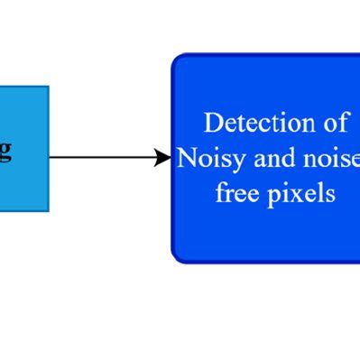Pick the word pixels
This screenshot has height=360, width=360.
pyautogui.click(x=300, y=195)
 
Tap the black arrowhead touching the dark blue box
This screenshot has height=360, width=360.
pyautogui.click(x=163, y=158)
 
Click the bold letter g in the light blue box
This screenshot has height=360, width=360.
pyautogui.click(x=5, y=150)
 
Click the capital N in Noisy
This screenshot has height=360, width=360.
pyautogui.click(x=187, y=158)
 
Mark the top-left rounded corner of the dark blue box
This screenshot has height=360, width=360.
pyautogui.click(x=177, y=59)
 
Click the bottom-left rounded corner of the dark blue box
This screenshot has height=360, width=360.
pyautogui.click(x=177, y=257)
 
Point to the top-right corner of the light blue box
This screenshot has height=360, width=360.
pyautogui.click(x=48, y=87)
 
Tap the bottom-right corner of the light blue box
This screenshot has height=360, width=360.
pyautogui.click(x=48, y=210)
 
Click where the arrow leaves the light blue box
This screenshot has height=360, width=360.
pyautogui.click(x=50, y=158)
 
